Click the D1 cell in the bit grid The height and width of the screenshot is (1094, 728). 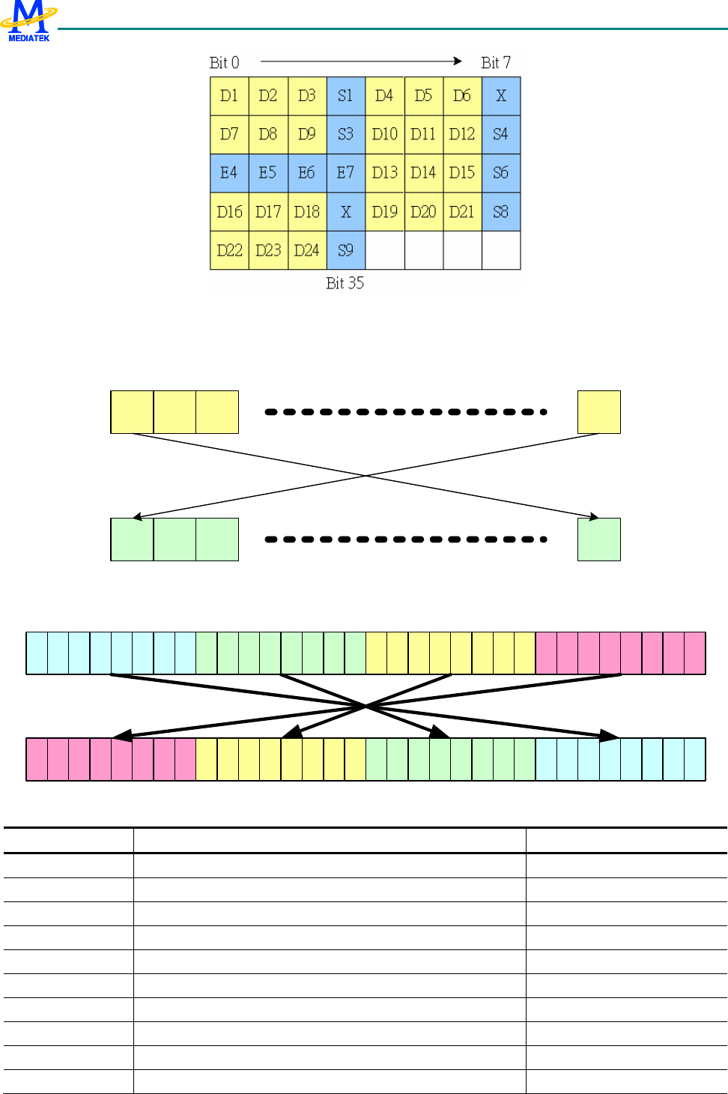229,96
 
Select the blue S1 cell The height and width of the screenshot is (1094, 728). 345,96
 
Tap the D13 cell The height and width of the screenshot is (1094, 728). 384,173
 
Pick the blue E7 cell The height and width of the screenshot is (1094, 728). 345,173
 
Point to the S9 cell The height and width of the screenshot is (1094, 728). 345,250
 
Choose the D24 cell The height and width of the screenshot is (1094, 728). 306,250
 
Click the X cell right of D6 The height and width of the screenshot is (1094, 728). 501,96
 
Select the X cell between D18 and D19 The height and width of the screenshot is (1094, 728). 345,212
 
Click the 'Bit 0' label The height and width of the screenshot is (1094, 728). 224,63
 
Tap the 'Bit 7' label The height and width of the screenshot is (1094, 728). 496,63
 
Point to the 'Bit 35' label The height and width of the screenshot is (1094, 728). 345,283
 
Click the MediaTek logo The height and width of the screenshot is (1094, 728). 28,20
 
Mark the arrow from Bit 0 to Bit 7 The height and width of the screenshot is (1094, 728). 361,61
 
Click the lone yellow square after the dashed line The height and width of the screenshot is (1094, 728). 598,412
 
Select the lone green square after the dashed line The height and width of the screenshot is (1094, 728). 598,540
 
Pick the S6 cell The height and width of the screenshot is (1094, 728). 501,173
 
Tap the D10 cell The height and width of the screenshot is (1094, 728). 384,135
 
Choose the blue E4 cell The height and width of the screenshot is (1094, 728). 229,173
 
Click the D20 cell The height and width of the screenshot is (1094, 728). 423,212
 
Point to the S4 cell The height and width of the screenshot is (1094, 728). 501,135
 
